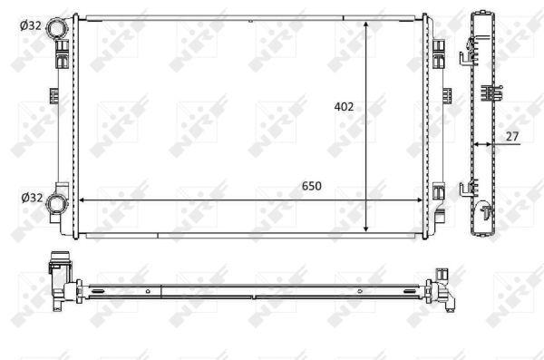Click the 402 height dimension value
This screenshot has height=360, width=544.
(344, 107)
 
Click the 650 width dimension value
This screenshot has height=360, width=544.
(312, 186)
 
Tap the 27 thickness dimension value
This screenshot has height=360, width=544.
(512, 136)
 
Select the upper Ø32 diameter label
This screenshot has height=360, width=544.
(31, 25)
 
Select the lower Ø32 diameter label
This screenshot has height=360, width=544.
(32, 198)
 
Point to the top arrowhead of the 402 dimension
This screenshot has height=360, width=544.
(365, 24)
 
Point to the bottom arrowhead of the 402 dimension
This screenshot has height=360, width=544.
(365, 229)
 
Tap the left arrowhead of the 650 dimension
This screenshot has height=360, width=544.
(83, 200)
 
